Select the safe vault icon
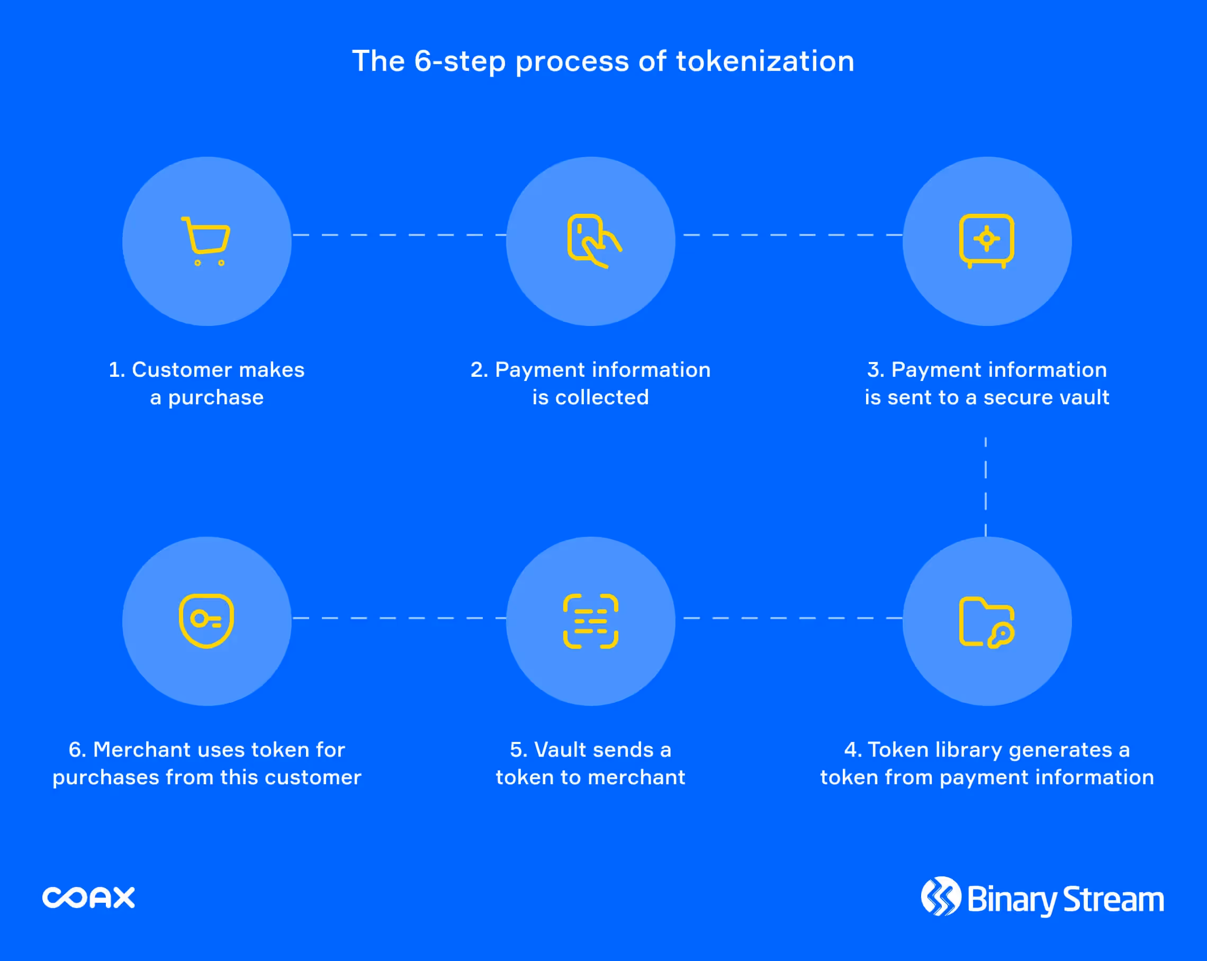[x=986, y=240]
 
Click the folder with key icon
[x=986, y=622]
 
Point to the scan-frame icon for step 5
[x=591, y=621]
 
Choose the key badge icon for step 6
[x=206, y=621]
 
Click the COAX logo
[x=88, y=897]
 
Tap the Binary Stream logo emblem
[x=941, y=896]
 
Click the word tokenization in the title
[x=765, y=61]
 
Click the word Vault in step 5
[x=559, y=749]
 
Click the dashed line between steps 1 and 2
[x=399, y=235]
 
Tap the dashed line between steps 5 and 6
[x=399, y=618]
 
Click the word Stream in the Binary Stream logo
[x=1113, y=900]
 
